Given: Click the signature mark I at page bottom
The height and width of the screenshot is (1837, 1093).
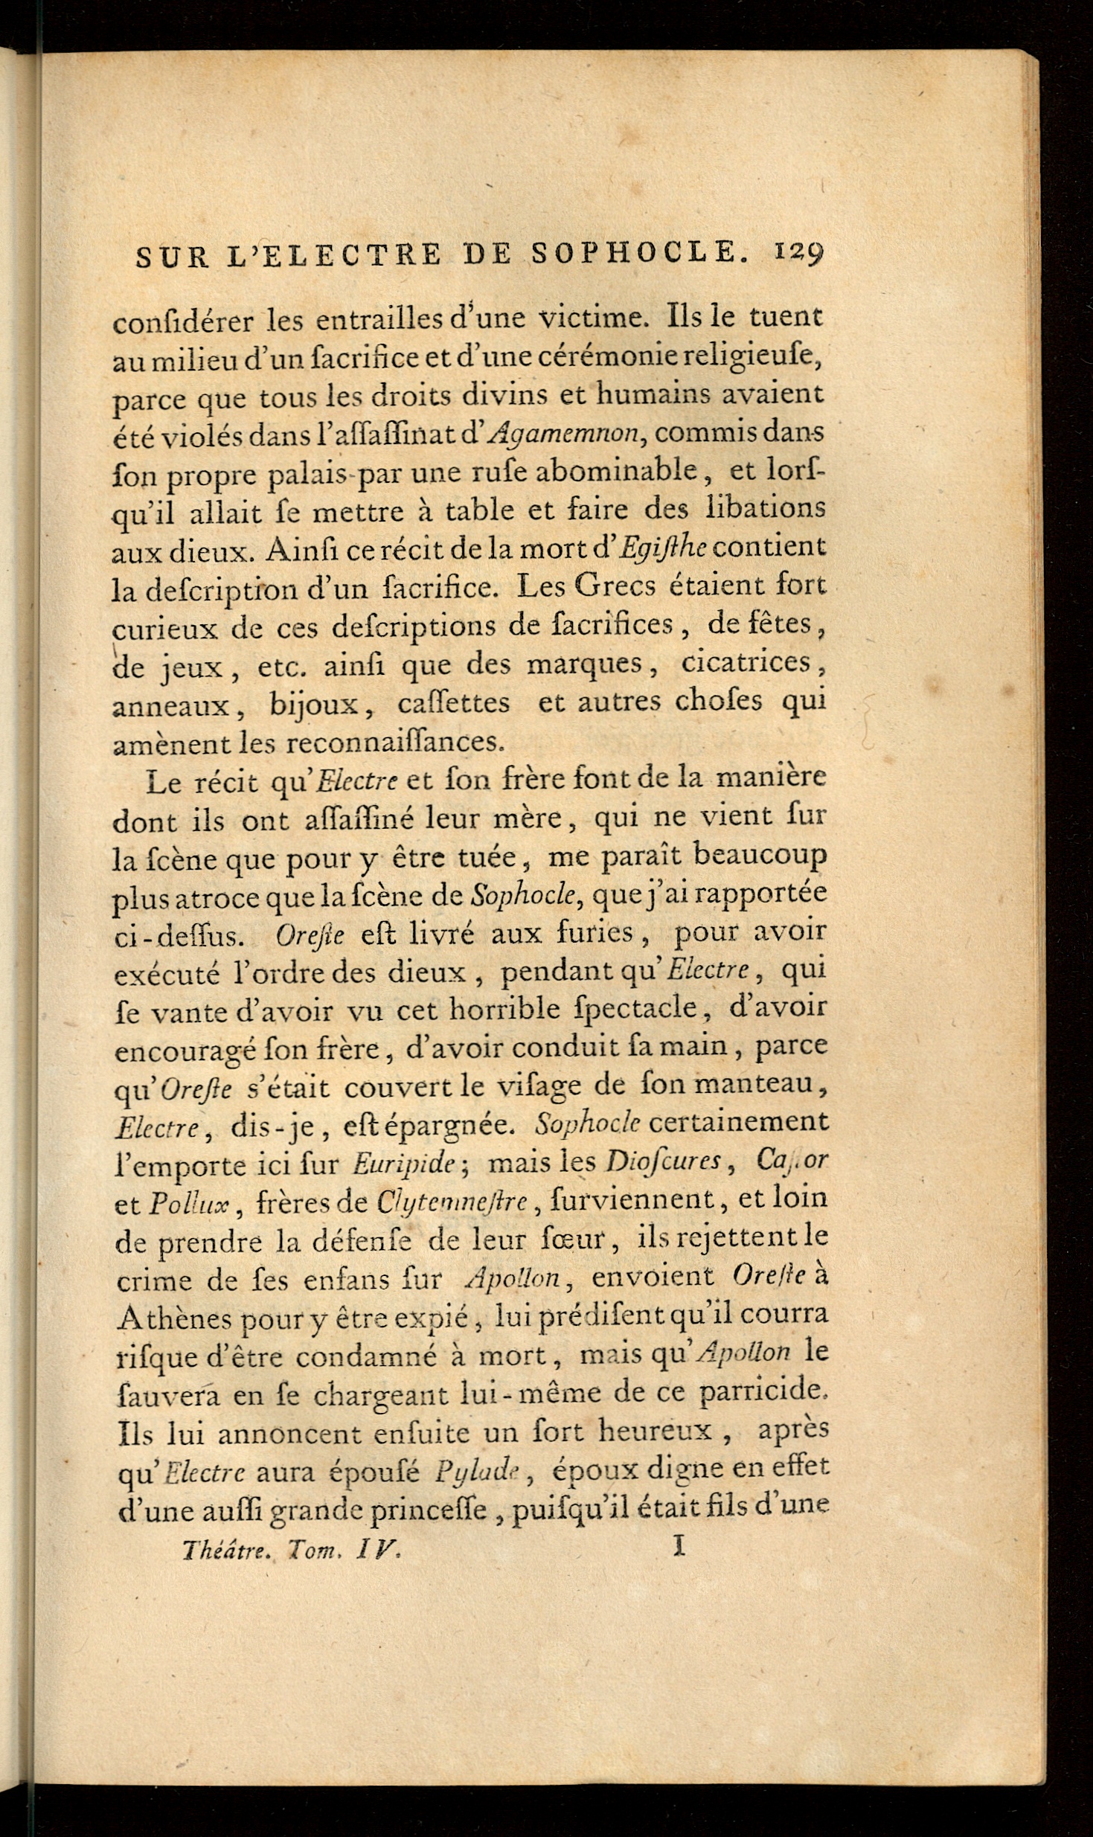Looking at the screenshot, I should click(677, 1548).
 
